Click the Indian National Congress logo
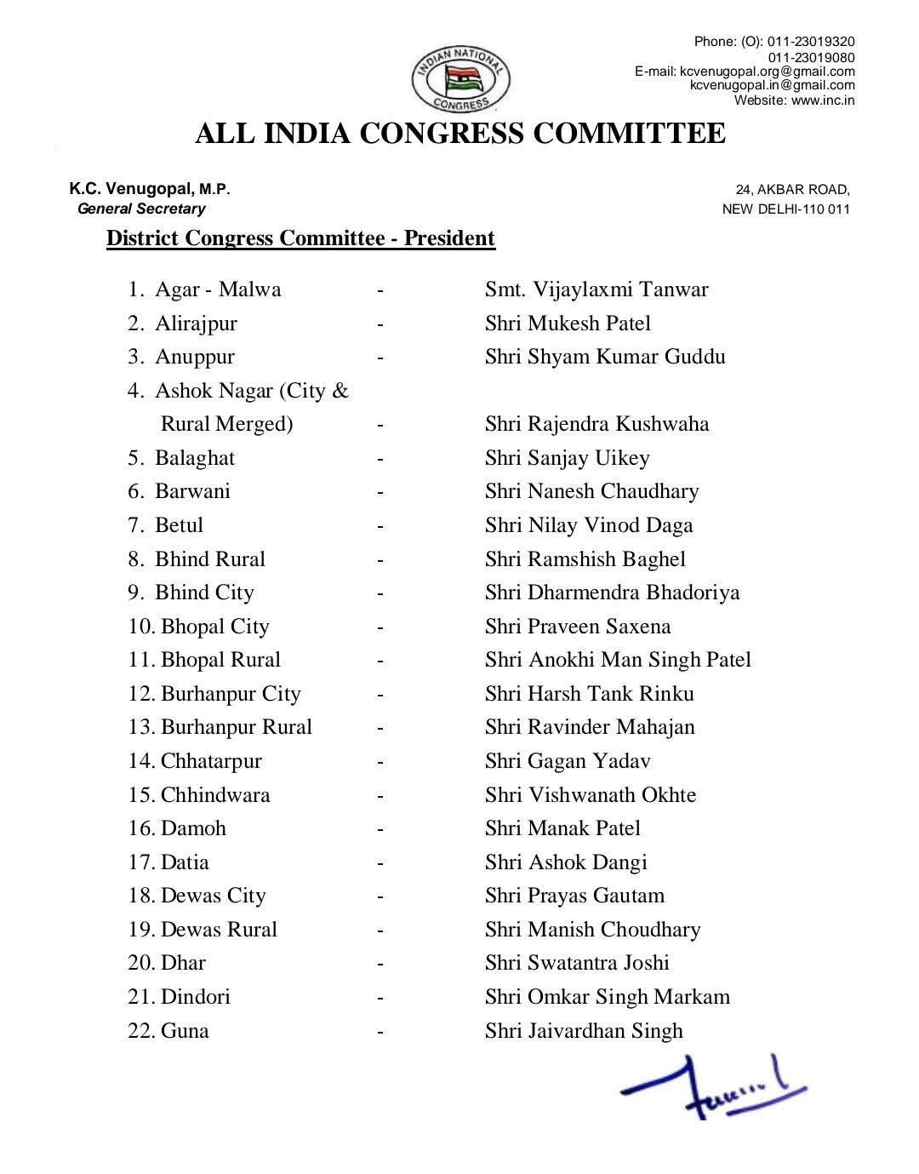pos(460,78)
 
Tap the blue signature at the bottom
pos(713,1086)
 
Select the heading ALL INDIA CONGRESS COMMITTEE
pos(460,135)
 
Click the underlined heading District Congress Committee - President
pos(300,238)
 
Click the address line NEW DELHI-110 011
pos(785,209)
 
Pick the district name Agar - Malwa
pos(218,289)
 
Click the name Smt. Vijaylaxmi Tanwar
pos(596,289)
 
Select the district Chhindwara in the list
pos(215,795)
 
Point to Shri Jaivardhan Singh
pos(584,1031)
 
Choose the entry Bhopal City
pos(214,627)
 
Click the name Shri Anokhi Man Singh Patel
pos(618,660)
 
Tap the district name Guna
pos(185,1031)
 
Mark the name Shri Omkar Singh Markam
pos(608,997)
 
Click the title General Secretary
pos(141,209)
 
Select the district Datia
pos(185,862)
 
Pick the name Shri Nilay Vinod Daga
pos(589,525)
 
